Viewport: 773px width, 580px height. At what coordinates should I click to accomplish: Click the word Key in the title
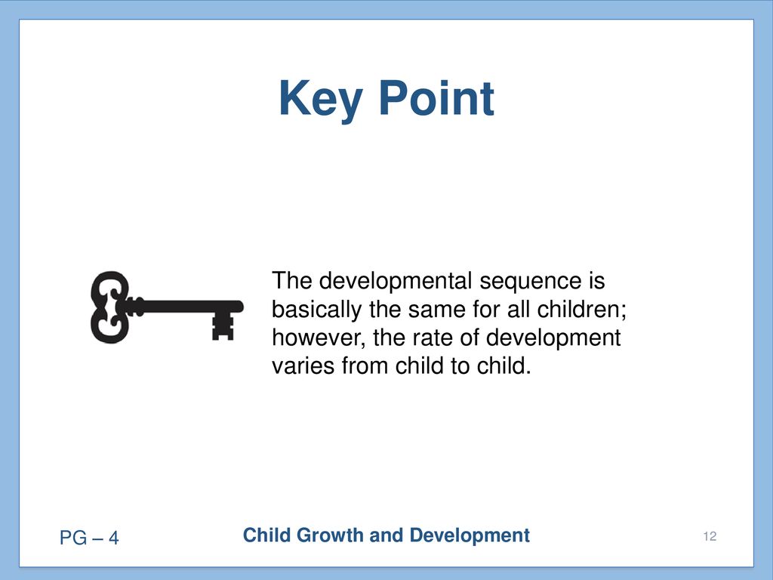(320, 100)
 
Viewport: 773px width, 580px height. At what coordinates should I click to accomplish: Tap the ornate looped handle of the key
(110, 307)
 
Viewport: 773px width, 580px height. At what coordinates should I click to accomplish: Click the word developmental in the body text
(396, 281)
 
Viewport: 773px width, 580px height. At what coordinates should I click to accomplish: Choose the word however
(319, 338)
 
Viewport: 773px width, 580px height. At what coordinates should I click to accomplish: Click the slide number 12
(710, 536)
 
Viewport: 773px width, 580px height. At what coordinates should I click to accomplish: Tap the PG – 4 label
(89, 538)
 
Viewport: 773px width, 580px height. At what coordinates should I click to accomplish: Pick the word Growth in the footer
(330, 535)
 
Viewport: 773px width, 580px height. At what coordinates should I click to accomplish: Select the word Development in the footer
(470, 536)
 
